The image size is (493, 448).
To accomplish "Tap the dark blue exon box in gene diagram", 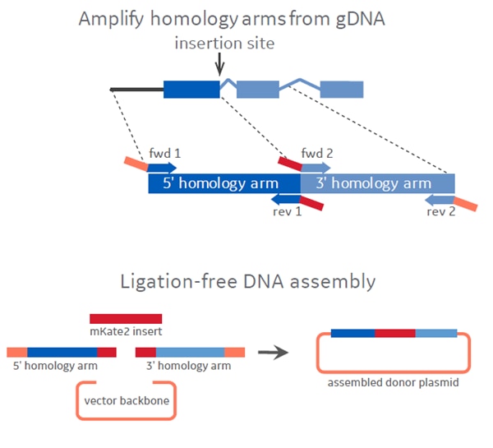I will tap(191, 89).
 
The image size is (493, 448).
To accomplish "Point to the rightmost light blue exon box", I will tap(341, 89).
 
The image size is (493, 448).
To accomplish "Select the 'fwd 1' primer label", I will tap(164, 152).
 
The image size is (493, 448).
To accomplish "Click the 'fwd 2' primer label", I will tap(316, 152).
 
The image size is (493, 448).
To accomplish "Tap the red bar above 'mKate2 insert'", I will tap(126, 318).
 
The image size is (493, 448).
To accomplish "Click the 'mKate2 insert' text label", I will tap(126, 333).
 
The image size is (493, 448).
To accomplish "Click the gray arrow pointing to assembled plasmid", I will tap(274, 353).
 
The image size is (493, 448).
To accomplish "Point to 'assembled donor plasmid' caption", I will tap(393, 383).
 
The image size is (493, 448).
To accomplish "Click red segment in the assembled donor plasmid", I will tap(394, 333).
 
